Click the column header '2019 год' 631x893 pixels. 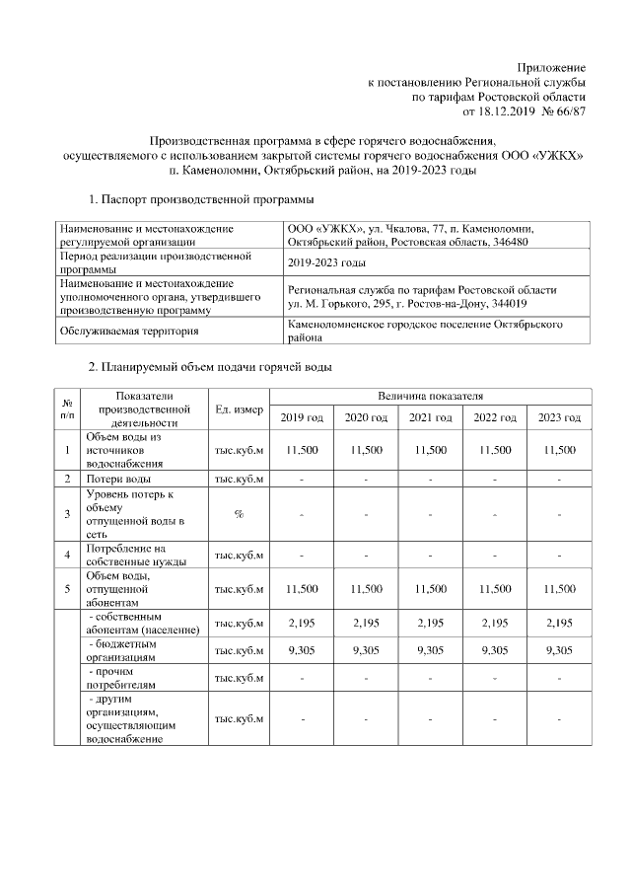[x=302, y=418]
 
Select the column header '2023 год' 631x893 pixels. [x=559, y=418]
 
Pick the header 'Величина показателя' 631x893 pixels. [x=431, y=396]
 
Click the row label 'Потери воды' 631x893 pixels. [x=117, y=479]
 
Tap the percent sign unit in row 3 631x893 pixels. [x=240, y=514]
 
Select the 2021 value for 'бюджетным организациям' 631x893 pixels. [x=431, y=650]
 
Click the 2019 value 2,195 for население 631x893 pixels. [x=302, y=623]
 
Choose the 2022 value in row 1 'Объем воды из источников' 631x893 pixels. [x=495, y=450]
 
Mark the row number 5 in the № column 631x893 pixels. [x=67, y=589]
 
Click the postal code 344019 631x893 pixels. [x=510, y=304]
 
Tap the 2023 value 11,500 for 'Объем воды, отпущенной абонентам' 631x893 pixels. [x=559, y=589]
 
